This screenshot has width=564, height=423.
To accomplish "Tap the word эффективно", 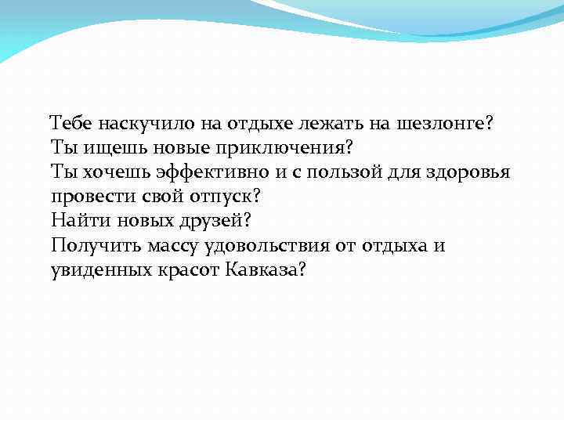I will click(214, 172).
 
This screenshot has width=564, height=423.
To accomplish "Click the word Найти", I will click(77, 221).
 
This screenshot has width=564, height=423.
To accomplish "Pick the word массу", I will click(171, 245).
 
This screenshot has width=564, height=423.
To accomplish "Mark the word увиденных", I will click(98, 270).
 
